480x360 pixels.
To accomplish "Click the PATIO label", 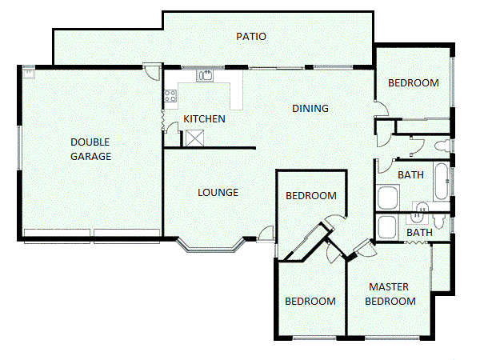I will (x=251, y=37).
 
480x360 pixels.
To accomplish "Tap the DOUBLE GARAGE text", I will (x=90, y=149).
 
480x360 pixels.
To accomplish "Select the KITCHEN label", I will (x=204, y=119).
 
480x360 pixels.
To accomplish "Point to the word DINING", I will (x=310, y=109).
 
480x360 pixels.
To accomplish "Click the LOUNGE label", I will (x=218, y=192).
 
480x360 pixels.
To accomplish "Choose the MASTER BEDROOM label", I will (x=391, y=294).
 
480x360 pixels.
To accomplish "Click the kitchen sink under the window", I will (x=206, y=75).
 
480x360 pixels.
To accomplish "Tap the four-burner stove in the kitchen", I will (x=170, y=97).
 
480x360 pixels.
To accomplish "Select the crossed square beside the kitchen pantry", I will (x=194, y=138).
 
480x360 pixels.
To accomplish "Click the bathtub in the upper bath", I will (x=441, y=183).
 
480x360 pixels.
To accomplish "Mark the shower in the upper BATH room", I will (x=388, y=197).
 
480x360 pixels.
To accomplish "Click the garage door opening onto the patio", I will (x=149, y=70).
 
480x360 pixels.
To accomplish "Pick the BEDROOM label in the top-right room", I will (x=413, y=83).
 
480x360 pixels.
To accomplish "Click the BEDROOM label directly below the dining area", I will (x=311, y=196).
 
